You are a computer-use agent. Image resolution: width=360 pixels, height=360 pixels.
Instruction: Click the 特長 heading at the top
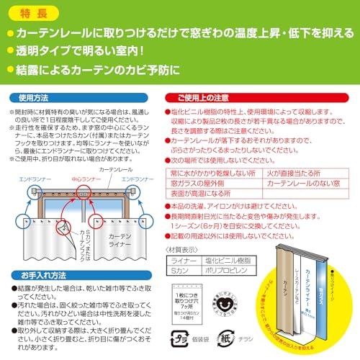tap(34, 13)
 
